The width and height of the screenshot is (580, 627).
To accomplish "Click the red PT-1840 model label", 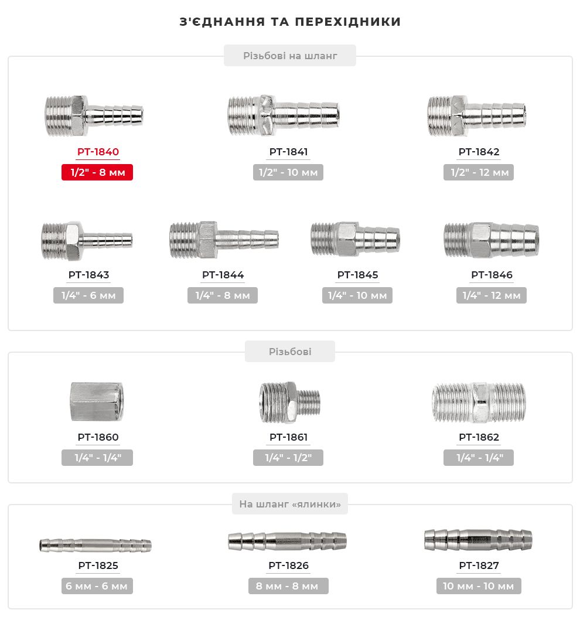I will tap(98, 152).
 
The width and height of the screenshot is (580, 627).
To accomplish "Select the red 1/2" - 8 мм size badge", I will tap(97, 173).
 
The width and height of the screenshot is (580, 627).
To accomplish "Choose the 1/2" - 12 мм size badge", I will tap(479, 173).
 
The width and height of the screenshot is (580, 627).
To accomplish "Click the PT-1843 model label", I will tap(88, 275).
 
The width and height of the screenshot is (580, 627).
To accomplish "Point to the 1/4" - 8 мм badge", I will tap(223, 295).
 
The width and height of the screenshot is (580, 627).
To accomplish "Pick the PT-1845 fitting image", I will tap(355, 239).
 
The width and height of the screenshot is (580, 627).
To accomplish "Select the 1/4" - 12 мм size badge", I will tap(492, 295).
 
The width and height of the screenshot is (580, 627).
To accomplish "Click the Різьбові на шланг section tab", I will tap(290, 56).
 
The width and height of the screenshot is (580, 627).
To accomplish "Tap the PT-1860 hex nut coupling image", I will tap(97, 401).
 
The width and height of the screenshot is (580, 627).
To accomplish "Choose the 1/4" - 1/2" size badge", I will tap(288, 458).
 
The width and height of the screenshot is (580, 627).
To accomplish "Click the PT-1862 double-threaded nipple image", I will tap(479, 403).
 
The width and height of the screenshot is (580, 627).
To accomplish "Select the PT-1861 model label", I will tap(288, 437).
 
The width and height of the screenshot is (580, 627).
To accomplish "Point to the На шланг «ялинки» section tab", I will tap(289, 504).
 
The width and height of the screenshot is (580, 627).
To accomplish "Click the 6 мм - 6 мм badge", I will tap(97, 586).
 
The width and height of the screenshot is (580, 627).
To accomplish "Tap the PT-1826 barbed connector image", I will tap(287, 540).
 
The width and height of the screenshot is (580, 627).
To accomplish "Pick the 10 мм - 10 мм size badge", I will tap(478, 586).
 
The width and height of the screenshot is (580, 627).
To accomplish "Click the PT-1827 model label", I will tap(479, 565).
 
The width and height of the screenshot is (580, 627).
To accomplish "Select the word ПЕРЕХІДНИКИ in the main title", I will tap(347, 22).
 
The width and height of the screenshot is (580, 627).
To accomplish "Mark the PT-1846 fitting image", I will tap(491, 239).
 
